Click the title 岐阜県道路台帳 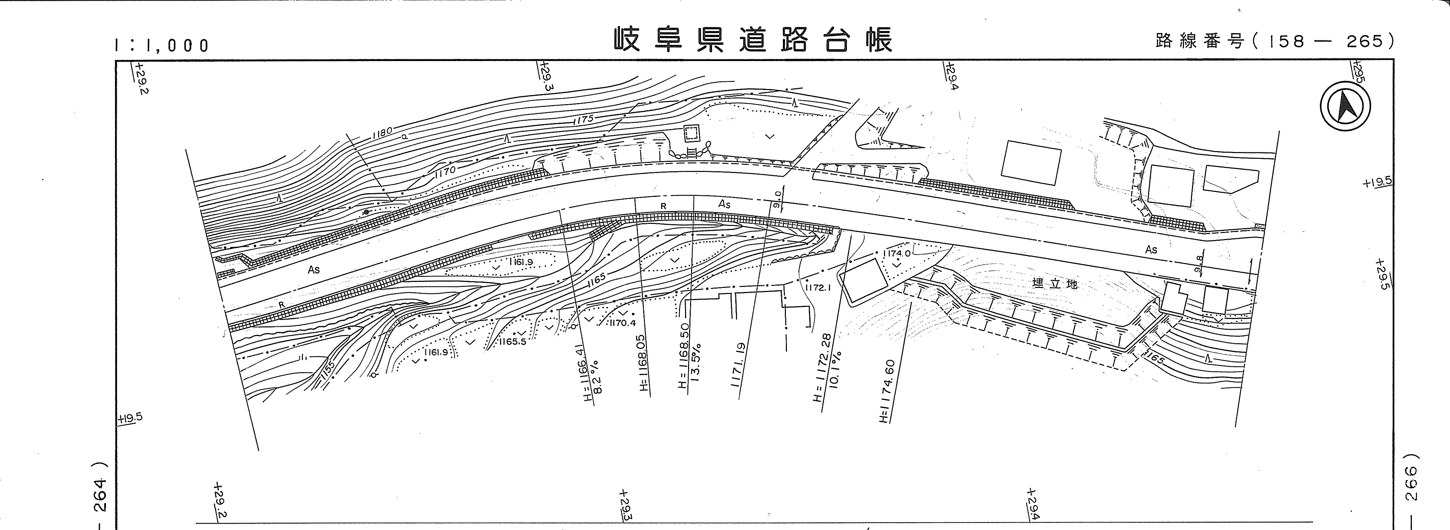click(x=752, y=39)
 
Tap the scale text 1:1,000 click(x=162, y=45)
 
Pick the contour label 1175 click(x=583, y=119)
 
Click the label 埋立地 click(x=1055, y=284)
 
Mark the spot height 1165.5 click(x=511, y=341)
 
